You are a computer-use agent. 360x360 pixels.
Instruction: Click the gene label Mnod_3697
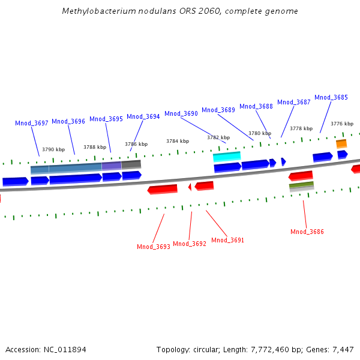(x=32, y=123)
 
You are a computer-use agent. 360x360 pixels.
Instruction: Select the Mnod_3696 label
(x=68, y=121)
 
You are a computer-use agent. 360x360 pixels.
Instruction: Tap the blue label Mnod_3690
(x=181, y=113)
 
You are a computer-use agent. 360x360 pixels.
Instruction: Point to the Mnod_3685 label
(x=331, y=97)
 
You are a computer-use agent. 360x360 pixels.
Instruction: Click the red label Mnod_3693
(x=154, y=247)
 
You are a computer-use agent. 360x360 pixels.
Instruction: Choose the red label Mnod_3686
(x=307, y=232)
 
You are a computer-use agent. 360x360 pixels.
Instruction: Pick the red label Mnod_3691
(x=228, y=240)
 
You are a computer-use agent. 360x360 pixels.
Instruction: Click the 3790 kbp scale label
(x=53, y=149)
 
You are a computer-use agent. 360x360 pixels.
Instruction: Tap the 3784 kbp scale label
(x=178, y=141)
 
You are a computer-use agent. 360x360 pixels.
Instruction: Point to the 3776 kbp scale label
(x=342, y=124)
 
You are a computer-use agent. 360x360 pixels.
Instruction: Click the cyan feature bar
(x=227, y=156)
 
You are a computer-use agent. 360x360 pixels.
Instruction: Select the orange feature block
(x=341, y=143)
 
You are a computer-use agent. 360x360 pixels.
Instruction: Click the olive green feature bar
(x=301, y=185)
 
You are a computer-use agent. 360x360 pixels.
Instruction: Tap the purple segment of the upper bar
(x=112, y=165)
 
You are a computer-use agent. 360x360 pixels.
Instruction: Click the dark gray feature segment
(x=131, y=163)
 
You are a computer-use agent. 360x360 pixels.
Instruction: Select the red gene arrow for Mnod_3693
(x=163, y=189)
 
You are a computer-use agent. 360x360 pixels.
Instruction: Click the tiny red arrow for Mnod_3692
(x=190, y=187)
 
